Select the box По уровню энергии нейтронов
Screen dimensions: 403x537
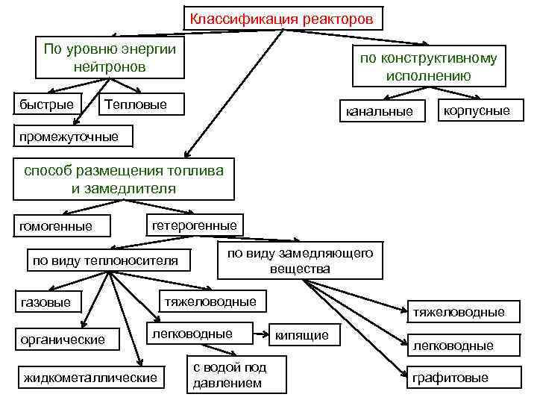click(110, 57)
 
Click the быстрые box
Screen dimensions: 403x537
click(46, 104)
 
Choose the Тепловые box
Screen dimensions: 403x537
click(141, 104)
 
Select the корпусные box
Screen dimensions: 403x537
click(476, 110)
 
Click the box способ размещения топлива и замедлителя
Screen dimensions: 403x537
click(123, 179)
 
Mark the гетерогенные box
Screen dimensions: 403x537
click(194, 225)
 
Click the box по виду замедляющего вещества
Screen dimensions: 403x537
click(299, 260)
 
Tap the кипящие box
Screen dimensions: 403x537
click(301, 335)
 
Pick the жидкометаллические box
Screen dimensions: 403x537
click(91, 378)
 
